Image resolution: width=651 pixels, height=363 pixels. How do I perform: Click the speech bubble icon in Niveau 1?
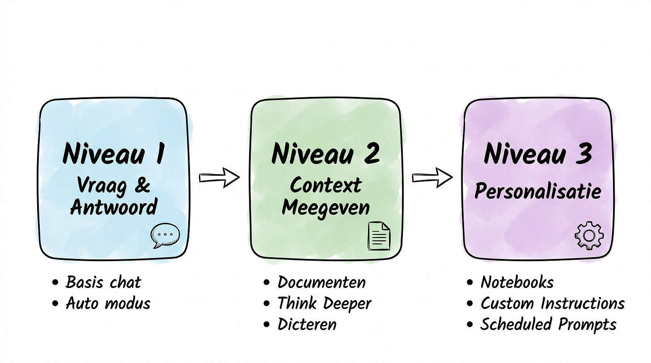pyautogui.click(x=165, y=235)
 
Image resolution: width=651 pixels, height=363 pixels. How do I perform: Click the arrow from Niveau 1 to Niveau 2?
pyautogui.click(x=219, y=178)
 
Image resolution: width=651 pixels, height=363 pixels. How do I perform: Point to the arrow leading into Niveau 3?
pyautogui.click(x=432, y=178)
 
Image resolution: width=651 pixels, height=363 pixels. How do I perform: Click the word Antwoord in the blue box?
pyautogui.click(x=114, y=207)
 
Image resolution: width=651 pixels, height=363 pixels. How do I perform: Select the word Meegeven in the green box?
pyautogui.click(x=325, y=207)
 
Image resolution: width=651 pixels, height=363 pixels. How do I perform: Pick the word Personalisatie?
pyautogui.click(x=537, y=191)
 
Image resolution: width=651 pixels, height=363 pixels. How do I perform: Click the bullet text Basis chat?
pyautogui.click(x=103, y=282)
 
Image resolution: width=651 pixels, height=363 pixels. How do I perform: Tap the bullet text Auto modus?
pyautogui.click(x=108, y=304)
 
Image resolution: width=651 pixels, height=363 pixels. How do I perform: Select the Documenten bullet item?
pyautogui.click(x=321, y=282)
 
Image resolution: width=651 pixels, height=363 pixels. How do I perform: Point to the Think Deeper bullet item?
pyautogui.click(x=324, y=304)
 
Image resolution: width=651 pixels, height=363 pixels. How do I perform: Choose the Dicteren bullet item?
pyautogui.click(x=307, y=325)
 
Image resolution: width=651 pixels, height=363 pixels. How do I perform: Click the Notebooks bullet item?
pyautogui.click(x=517, y=282)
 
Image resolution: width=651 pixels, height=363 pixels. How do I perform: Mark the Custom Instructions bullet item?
pyautogui.click(x=552, y=304)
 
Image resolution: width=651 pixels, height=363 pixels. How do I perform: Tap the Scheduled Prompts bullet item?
pyautogui.click(x=548, y=325)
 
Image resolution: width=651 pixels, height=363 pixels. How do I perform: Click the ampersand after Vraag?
pyautogui.click(x=142, y=185)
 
